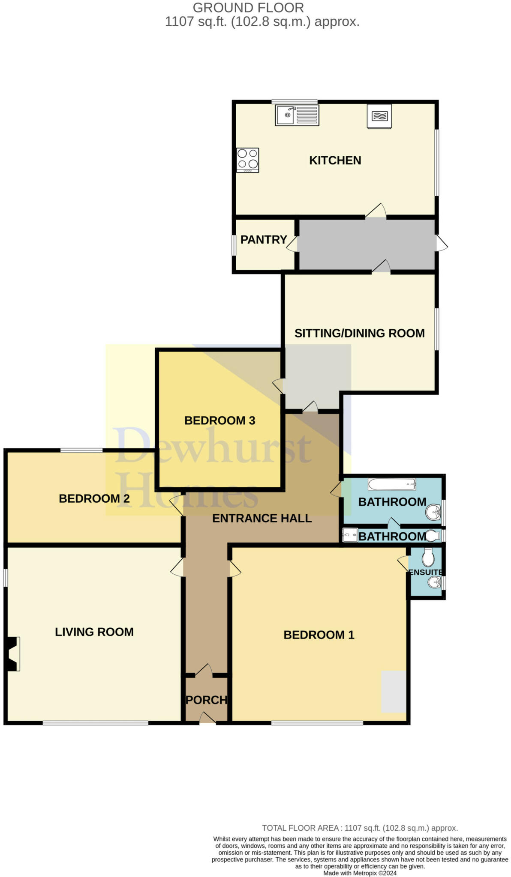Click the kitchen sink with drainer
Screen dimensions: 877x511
coord(297,115)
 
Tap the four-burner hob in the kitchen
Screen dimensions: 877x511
coord(247,160)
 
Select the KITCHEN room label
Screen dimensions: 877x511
coord(335,161)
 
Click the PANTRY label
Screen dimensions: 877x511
coord(263,240)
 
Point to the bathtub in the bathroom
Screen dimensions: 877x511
coord(391,484)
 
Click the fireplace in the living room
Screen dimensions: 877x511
coord(13,653)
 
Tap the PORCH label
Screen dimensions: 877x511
coord(206,700)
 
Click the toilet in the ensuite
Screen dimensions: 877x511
coord(428,557)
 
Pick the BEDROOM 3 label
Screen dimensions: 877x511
coord(219,421)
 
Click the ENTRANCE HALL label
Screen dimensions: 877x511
coord(262,519)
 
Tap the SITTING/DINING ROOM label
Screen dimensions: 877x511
coord(359,333)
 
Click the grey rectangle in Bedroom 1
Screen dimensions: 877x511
coord(393,691)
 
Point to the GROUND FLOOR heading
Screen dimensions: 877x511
coord(248,8)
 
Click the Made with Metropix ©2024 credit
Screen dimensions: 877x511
coord(360,873)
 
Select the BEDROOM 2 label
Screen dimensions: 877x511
coord(94,498)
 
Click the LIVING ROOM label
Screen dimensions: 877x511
coord(94,632)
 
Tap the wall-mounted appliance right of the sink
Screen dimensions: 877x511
coord(379,116)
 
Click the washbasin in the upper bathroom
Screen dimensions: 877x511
coord(433,511)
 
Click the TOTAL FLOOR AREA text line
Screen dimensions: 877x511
coord(360,828)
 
